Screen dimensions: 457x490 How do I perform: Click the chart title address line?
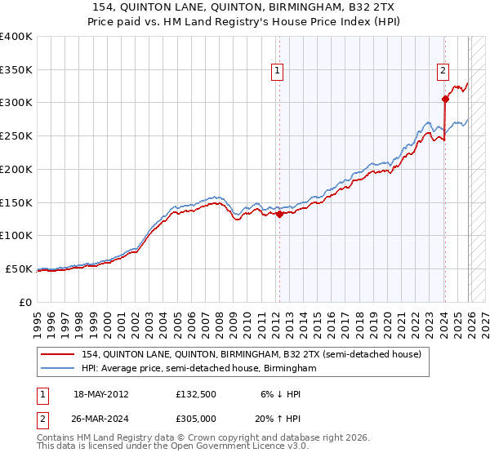click(x=244, y=7)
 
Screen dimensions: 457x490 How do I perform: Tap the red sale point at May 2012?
click(x=279, y=215)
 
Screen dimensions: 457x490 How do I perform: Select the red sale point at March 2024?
click(x=445, y=100)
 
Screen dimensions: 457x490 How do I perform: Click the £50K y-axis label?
click(x=19, y=268)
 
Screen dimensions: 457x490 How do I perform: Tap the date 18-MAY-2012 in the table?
click(x=100, y=393)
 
